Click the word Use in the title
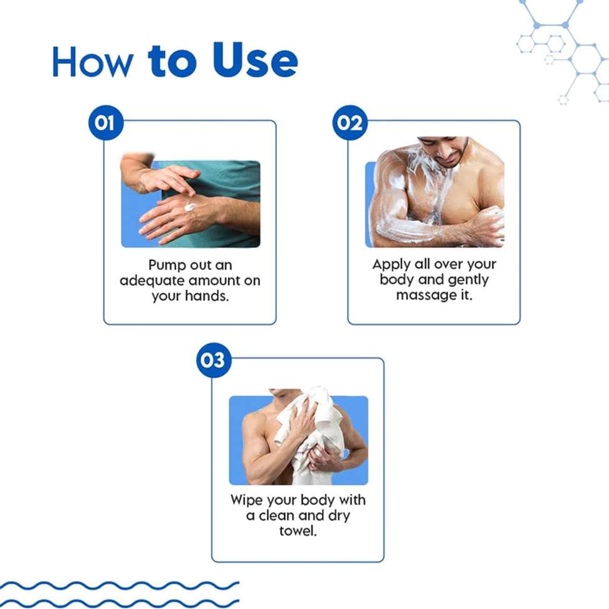coord(255,61)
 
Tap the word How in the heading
coord(92,62)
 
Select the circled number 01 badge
coord(106,123)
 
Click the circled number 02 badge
coord(350,123)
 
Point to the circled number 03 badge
coord(214,360)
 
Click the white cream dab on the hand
coord(190,207)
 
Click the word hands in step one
coord(207,296)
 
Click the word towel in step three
coord(298,531)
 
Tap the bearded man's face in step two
coord(447,150)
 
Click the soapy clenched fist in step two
coord(489,226)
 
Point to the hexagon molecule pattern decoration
coord(563,51)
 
